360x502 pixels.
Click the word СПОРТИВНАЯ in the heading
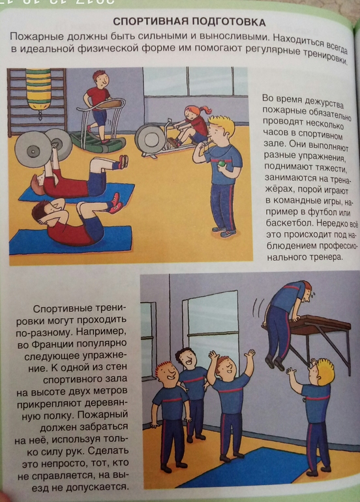click(x=149, y=22)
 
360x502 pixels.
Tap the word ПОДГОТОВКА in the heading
click(x=228, y=22)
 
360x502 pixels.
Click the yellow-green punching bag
click(x=38, y=89)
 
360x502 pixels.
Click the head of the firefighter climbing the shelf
click(x=306, y=289)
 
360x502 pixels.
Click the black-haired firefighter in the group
click(x=191, y=394)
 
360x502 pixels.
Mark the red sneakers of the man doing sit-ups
click(x=115, y=203)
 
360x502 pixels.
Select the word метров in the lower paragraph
click(x=110, y=391)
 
